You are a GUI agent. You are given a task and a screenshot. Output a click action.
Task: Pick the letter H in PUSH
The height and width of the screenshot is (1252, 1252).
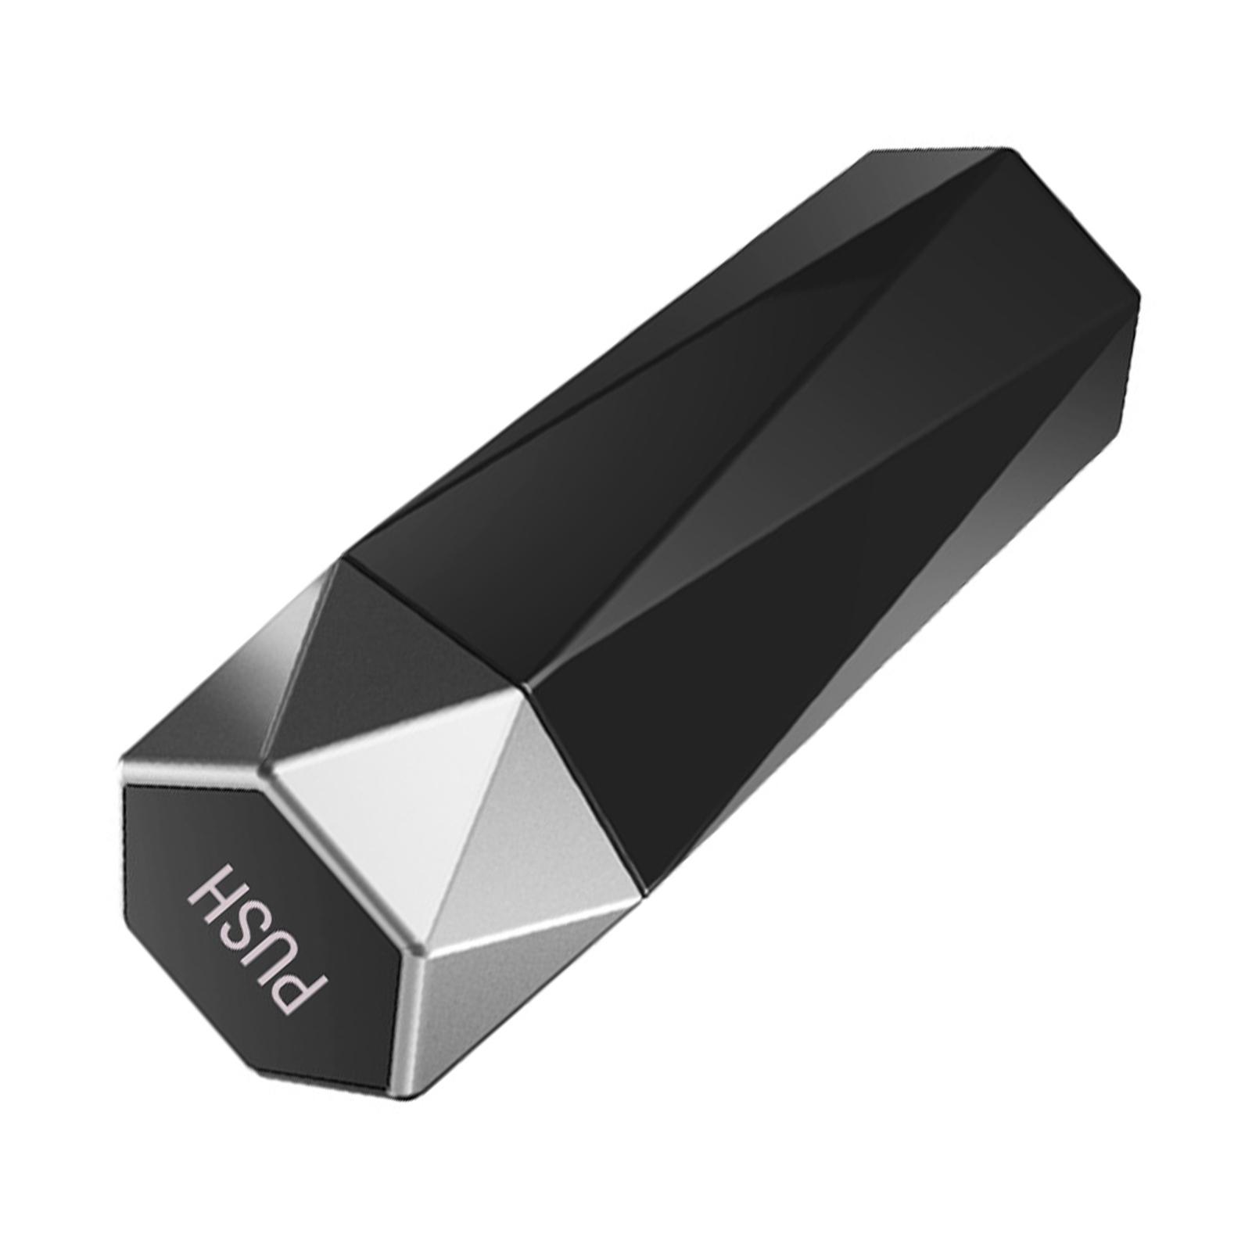[215, 884]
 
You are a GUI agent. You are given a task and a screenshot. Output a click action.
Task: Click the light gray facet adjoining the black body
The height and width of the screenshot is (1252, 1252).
[540, 798]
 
